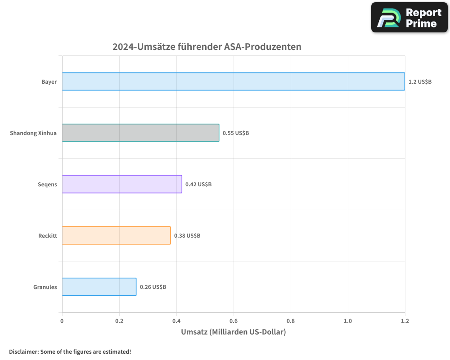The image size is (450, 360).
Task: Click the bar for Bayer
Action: pyautogui.click(x=233, y=81)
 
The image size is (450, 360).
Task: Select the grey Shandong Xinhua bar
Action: pyautogui.click(x=140, y=133)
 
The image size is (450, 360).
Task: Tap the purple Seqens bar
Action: pyautogui.click(x=122, y=184)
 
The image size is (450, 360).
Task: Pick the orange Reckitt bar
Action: pyautogui.click(x=116, y=235)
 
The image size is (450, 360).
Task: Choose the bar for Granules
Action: pyautogui.click(x=99, y=287)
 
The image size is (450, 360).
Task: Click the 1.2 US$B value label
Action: pyautogui.click(x=420, y=82)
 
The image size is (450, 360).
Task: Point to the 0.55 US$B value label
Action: pyautogui.click(x=236, y=133)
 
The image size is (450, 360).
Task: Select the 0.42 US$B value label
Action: pyautogui.click(x=198, y=184)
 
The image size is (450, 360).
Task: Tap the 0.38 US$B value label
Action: pyautogui.click(x=187, y=236)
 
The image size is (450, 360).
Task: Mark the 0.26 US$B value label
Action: pyautogui.click(x=153, y=287)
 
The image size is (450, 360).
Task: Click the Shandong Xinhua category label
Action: pyautogui.click(x=33, y=133)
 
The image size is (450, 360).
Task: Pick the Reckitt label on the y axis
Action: pyautogui.click(x=48, y=236)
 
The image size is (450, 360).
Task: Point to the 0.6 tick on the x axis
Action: pyautogui.click(x=234, y=321)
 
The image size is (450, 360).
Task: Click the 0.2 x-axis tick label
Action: pyautogui.click(x=119, y=321)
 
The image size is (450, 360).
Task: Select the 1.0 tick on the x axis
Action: pyautogui.click(x=348, y=321)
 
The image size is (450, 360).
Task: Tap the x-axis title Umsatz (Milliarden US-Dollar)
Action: pyautogui.click(x=233, y=332)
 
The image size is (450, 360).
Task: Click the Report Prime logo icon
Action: pyautogui.click(x=388, y=18)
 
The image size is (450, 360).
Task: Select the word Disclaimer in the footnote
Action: pyautogui.click(x=23, y=351)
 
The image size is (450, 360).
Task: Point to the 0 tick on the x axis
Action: pyautogui.click(x=62, y=321)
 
